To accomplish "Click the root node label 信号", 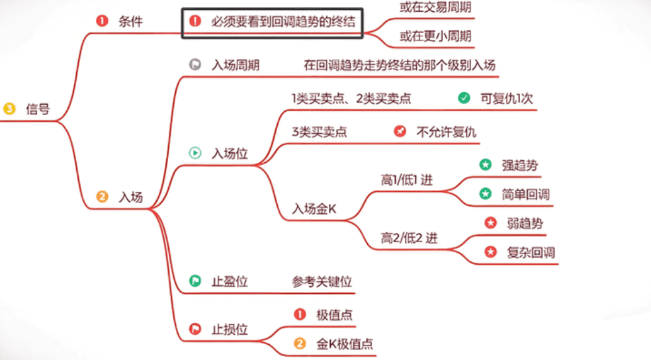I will coord(38,109).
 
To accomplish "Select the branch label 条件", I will coord(130,21).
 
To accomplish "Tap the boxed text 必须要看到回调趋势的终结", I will coord(284,21).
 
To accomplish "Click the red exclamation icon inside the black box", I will coord(195,21).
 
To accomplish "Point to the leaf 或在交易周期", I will coord(436,9).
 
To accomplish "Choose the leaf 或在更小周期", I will coord(436,37).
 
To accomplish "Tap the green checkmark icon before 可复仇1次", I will coord(464,98).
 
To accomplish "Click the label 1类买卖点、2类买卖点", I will coord(351,99).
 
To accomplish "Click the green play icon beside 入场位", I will coord(195,153).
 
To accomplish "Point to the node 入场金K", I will coord(315,209).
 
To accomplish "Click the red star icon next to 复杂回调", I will coord(490,252).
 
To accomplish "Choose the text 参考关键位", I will coord(322,281).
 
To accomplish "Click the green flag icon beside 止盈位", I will coord(195,281).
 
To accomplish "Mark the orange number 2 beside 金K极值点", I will coord(300,343).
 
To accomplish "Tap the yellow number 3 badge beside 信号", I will coord(9,109).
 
